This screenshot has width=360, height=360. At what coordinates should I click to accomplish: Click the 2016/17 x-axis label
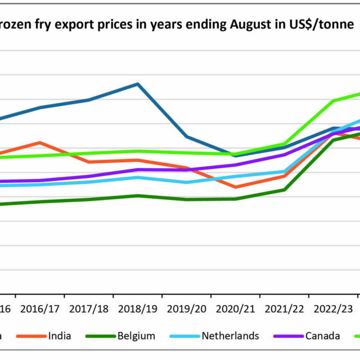pyautogui.click(x=40, y=308)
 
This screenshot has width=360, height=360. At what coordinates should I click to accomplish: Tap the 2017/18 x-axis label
pyautogui.click(x=89, y=308)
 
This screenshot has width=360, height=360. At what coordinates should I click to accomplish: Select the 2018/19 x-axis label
pyautogui.click(x=137, y=308)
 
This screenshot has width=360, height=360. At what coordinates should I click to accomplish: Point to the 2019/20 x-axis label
pyautogui.click(x=186, y=308)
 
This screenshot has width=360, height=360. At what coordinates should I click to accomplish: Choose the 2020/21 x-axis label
pyautogui.click(x=235, y=308)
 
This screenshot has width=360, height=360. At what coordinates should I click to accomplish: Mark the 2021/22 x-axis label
pyautogui.click(x=284, y=308)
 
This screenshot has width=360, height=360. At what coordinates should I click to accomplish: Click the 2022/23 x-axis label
pyautogui.click(x=332, y=308)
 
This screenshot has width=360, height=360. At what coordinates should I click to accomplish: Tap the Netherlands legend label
pyautogui.click(x=230, y=336)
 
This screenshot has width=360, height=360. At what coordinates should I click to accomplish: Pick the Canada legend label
pyautogui.click(x=322, y=336)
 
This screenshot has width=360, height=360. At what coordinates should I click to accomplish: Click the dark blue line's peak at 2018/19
pyautogui.click(x=137, y=84)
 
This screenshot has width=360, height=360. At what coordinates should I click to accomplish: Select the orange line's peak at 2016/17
pyautogui.click(x=40, y=142)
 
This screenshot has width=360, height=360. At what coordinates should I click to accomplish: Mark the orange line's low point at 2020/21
pyautogui.click(x=235, y=187)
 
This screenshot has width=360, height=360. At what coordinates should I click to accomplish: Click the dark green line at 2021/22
pyautogui.click(x=284, y=189)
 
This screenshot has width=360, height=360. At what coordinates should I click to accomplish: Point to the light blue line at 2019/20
pyautogui.click(x=186, y=182)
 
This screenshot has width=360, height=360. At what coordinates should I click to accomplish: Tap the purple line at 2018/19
pyautogui.click(x=137, y=169)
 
